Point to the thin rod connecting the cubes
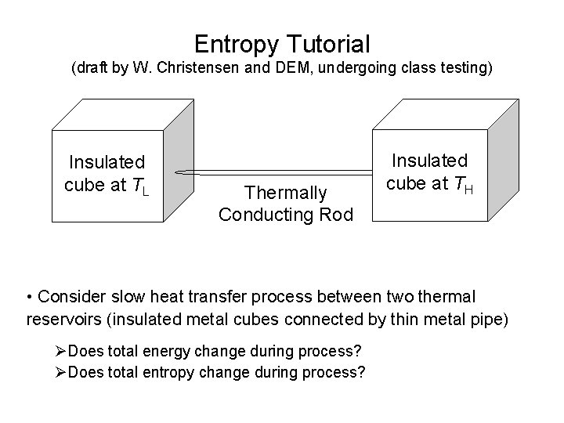click(282, 172)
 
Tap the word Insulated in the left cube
click(107, 162)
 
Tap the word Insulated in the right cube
click(429, 161)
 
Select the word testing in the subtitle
click(466, 68)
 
